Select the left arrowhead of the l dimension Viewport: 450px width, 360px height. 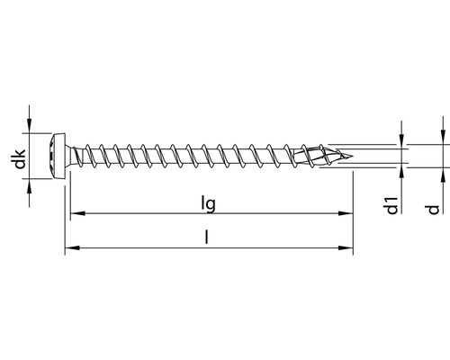pyautogui.click(x=68, y=247)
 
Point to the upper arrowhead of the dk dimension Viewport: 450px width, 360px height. pyautogui.click(x=31, y=127)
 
